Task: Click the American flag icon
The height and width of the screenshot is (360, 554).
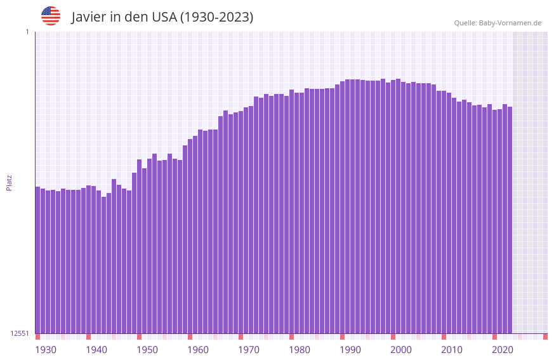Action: tap(51, 16)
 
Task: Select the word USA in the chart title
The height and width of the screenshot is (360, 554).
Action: tap(164, 17)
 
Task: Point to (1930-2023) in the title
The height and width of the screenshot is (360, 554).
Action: tap(217, 17)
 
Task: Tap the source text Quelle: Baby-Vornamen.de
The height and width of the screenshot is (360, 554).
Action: tap(498, 23)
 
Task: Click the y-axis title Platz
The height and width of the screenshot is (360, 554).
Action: tap(9, 182)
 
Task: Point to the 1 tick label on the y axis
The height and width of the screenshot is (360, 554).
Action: tap(27, 32)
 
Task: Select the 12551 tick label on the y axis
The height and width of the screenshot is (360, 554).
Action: tap(20, 333)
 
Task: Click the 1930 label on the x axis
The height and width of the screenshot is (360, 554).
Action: tap(46, 350)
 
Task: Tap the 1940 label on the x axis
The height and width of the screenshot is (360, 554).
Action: tap(96, 350)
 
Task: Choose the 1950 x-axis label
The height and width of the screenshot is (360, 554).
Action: tap(147, 350)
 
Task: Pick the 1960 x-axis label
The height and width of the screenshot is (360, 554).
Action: tap(198, 350)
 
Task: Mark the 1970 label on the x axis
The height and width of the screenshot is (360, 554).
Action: tap(249, 350)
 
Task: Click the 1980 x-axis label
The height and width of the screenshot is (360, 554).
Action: tap(300, 350)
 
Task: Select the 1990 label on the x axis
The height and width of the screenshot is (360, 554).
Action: tap(350, 350)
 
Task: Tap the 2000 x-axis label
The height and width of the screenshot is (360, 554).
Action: tap(401, 350)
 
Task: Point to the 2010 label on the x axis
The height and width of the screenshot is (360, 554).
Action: tap(452, 350)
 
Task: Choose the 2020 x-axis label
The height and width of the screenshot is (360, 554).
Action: tap(503, 350)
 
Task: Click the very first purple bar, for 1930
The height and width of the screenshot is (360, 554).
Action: tap(37, 260)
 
